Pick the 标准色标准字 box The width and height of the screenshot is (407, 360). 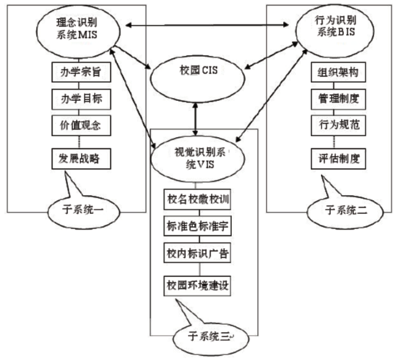click(198, 228)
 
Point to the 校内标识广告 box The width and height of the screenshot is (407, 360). click(198, 255)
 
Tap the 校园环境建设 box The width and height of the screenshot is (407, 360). click(198, 285)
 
